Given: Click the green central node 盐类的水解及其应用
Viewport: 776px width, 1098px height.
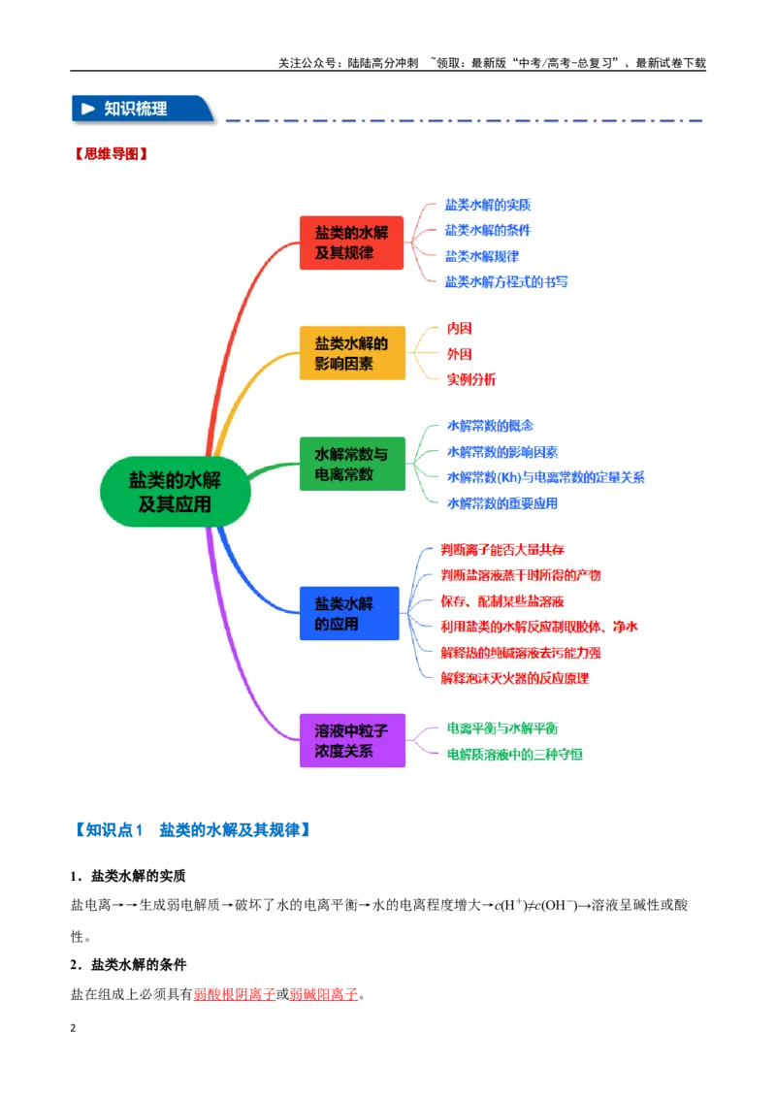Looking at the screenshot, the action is [x=176, y=492].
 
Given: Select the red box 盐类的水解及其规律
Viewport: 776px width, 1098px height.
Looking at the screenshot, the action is [x=351, y=242].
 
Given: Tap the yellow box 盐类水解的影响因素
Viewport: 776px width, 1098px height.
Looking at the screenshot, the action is [x=352, y=353].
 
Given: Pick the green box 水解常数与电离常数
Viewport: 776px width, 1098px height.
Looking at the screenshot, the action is [x=352, y=464].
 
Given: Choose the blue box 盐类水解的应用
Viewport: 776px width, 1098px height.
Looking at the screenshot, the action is [x=349, y=613].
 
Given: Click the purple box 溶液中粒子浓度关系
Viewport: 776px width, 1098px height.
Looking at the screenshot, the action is [x=352, y=740].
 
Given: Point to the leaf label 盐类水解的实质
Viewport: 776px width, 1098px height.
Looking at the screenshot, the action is [x=488, y=205].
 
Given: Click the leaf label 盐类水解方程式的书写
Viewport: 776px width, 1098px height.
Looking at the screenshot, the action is [x=506, y=281].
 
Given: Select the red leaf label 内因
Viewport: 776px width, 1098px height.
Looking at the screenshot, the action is [x=460, y=329].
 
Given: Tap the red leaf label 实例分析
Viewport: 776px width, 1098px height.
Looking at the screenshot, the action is [x=471, y=379].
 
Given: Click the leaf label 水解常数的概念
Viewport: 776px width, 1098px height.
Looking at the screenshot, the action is [x=490, y=426].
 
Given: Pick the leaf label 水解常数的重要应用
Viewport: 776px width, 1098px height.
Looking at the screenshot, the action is [x=502, y=503].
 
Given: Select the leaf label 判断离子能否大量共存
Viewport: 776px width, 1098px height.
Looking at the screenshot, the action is [x=502, y=550].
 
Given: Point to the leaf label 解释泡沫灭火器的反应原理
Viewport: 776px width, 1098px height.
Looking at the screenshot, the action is [x=515, y=678].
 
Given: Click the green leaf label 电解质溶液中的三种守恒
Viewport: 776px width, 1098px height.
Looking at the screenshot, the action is [x=515, y=755].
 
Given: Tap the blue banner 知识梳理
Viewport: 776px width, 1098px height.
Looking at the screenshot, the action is [x=143, y=110].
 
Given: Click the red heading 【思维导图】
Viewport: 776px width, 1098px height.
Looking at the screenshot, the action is [x=112, y=154].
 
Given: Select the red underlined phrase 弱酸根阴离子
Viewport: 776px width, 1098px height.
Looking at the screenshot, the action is [x=235, y=994].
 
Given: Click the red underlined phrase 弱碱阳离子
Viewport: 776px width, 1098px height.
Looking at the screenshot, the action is [x=324, y=994].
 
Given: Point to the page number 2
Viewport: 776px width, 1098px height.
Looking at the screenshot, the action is [x=73, y=1028].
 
